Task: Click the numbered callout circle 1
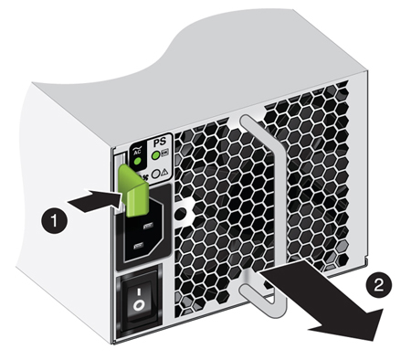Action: coord(56,220)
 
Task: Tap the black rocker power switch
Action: coord(138,301)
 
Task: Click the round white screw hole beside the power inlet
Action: coord(181,211)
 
